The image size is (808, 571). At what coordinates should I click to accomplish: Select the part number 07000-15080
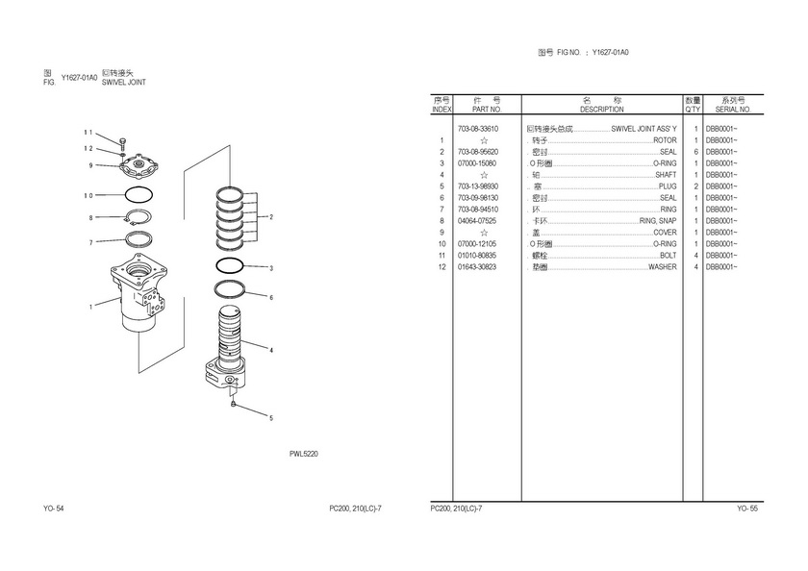point(478,163)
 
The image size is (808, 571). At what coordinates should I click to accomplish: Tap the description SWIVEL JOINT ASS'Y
point(644,129)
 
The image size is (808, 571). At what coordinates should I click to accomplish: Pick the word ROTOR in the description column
point(665,140)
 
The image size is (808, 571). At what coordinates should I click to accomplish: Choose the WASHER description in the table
point(662,267)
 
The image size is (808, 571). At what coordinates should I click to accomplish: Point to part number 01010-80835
point(478,256)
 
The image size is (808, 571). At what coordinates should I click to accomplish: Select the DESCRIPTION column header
point(602,110)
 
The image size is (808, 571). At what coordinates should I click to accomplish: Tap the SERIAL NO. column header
point(733,110)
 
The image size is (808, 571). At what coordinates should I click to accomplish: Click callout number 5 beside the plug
point(270,418)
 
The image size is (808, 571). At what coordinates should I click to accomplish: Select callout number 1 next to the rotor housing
point(91,308)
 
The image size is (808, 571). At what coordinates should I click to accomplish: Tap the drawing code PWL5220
point(304,454)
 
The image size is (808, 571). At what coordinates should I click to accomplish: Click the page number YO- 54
point(54,509)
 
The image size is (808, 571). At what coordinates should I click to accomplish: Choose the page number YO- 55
point(747,509)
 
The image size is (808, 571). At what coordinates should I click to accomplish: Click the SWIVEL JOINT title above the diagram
point(124,83)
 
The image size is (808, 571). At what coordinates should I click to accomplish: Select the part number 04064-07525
point(478,221)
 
